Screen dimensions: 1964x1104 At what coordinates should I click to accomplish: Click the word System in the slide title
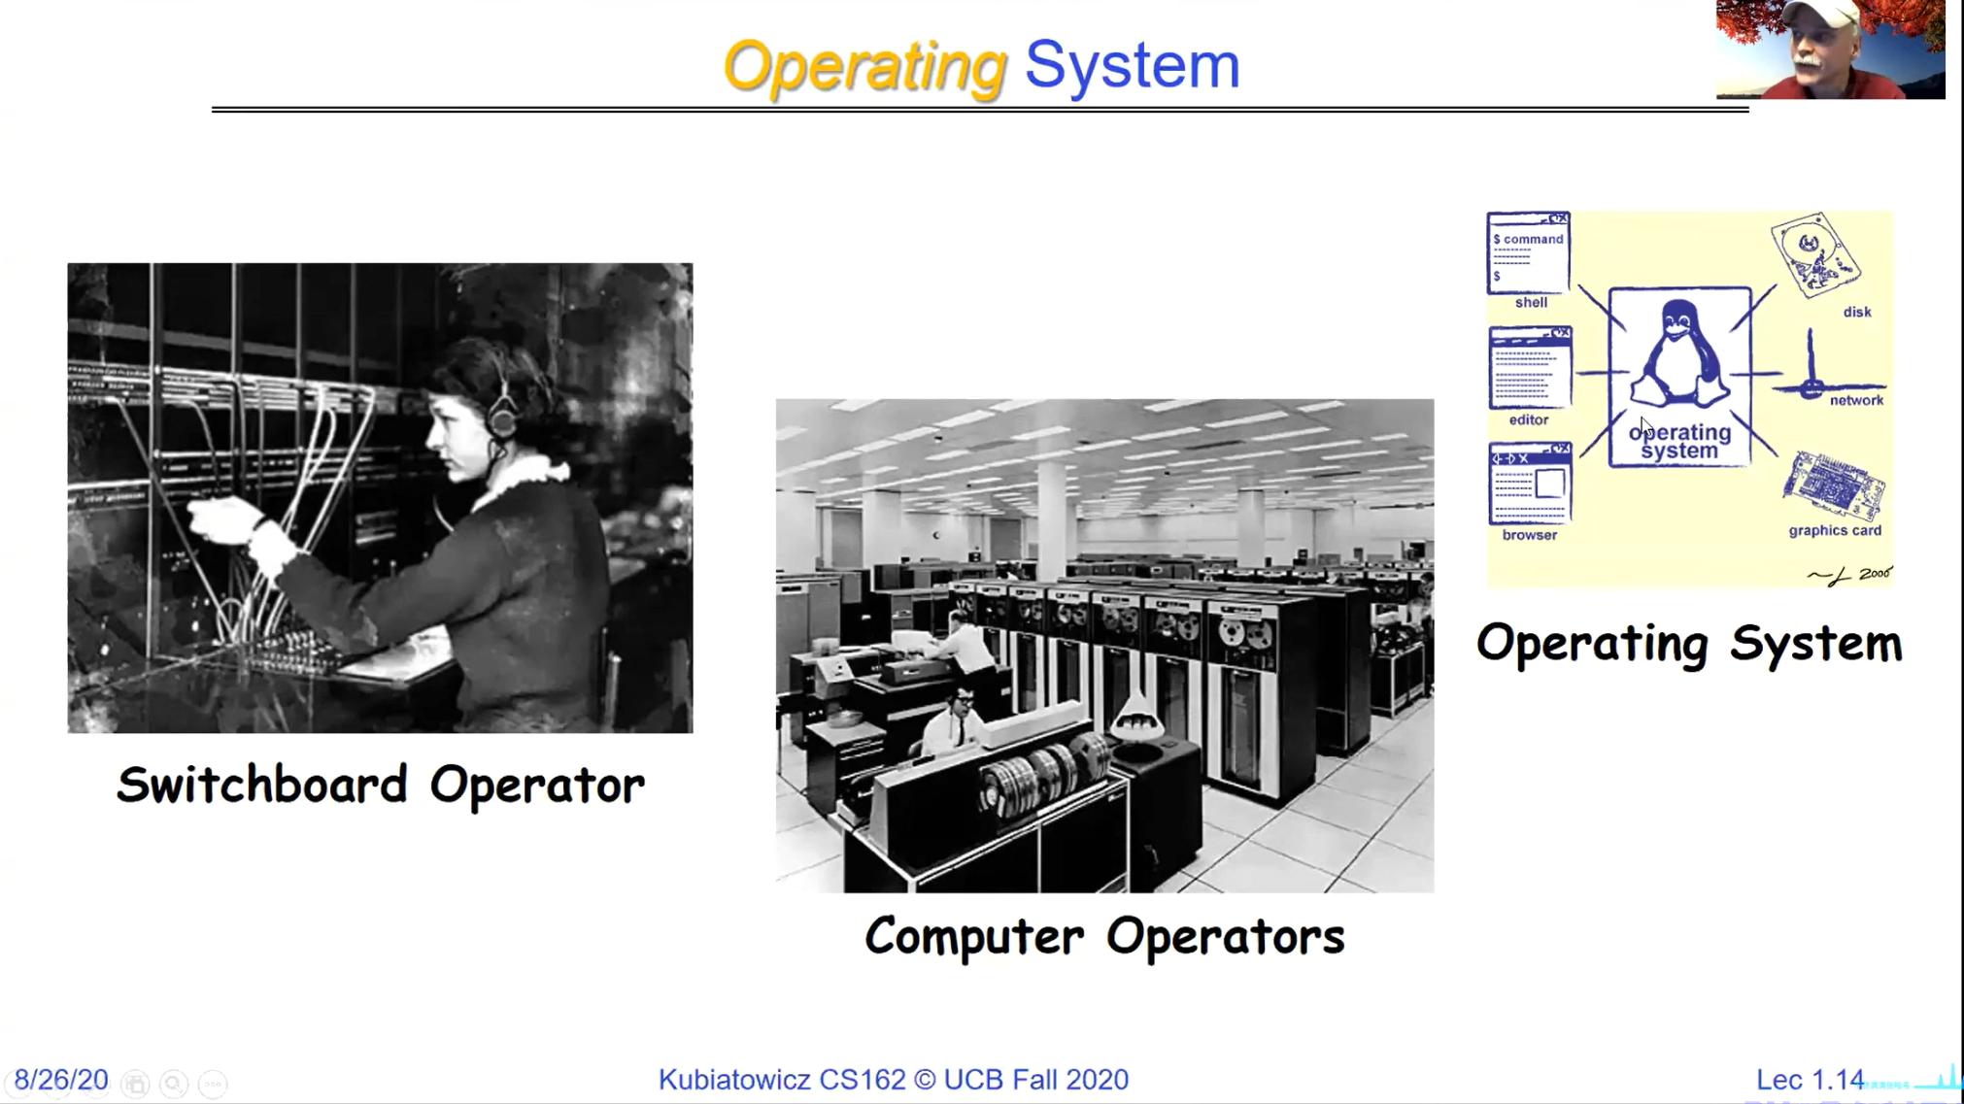1133,65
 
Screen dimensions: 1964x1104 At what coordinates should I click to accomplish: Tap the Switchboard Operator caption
380,785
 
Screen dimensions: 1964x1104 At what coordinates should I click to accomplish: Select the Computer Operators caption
1104,936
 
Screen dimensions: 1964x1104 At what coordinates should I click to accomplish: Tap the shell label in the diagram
1531,303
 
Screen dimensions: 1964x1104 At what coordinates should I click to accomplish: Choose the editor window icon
1530,368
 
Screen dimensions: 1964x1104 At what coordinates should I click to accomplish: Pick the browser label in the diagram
1530,535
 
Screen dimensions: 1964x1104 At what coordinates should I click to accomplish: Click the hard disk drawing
1814,254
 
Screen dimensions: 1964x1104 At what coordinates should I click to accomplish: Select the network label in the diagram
1856,400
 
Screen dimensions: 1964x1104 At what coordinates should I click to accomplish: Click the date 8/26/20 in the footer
61,1080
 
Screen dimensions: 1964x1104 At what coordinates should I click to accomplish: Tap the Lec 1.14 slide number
1810,1080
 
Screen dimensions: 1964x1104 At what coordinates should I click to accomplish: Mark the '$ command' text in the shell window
1529,239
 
